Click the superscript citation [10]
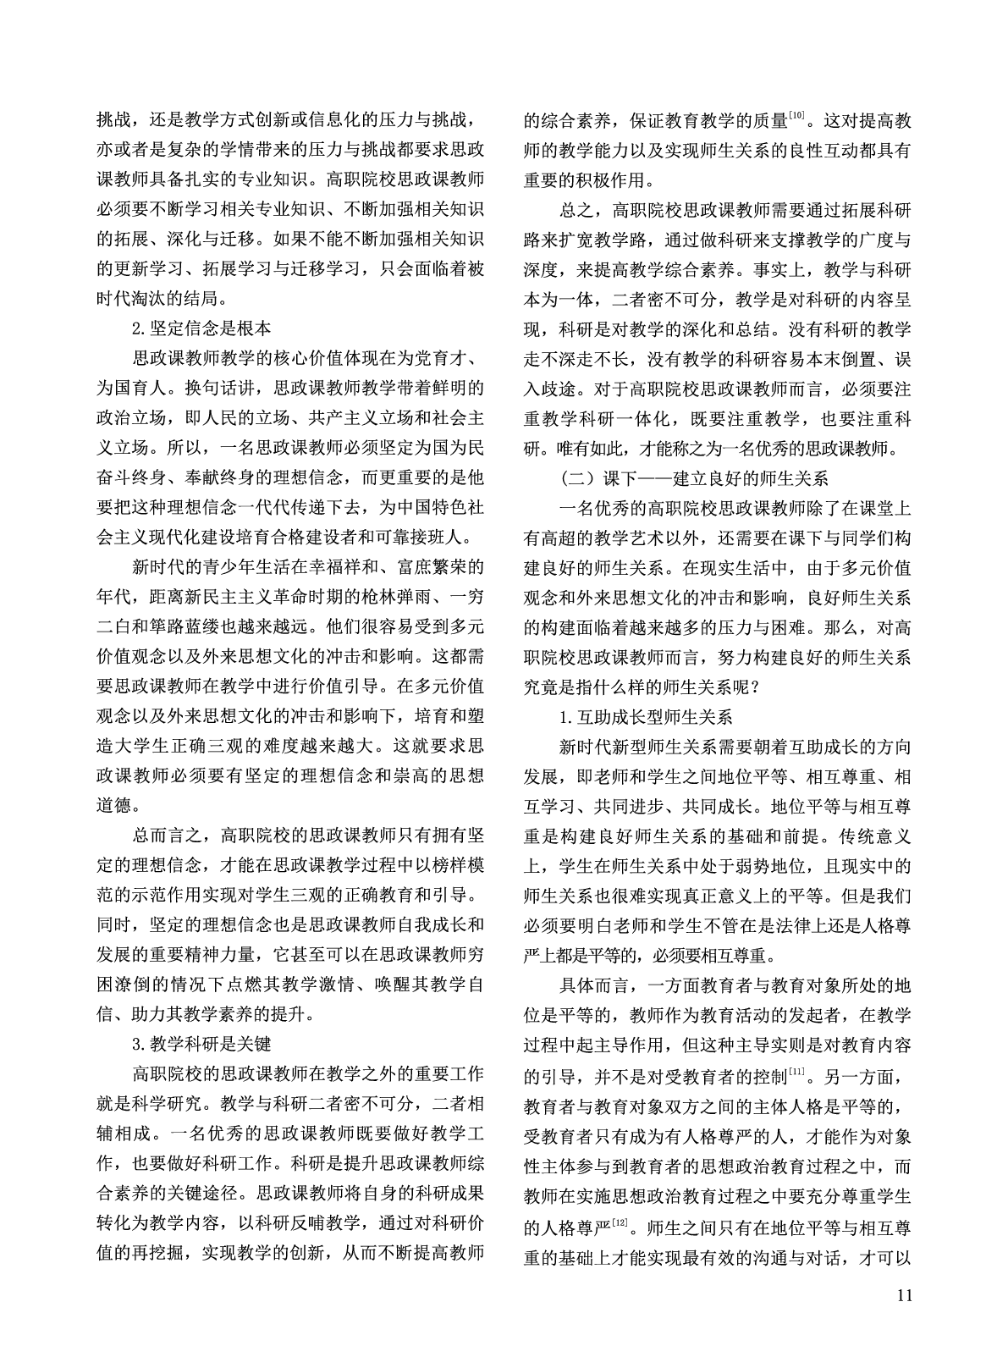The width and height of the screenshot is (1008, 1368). point(796,116)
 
